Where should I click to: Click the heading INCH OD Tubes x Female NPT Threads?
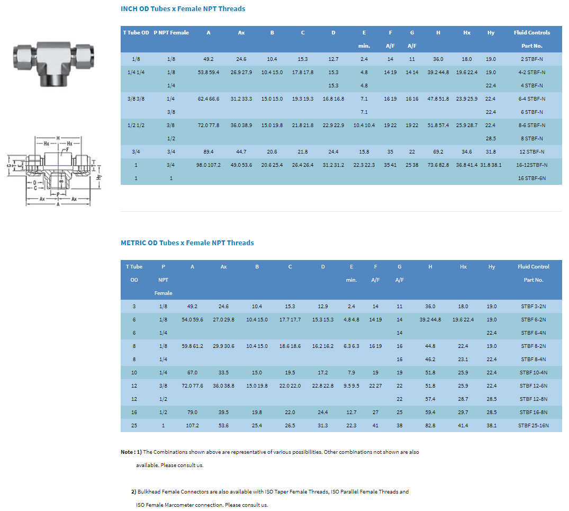click(x=183, y=8)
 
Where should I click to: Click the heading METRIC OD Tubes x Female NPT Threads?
click(x=187, y=243)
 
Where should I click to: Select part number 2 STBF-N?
click(x=531, y=59)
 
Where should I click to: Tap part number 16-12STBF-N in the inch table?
click(x=531, y=165)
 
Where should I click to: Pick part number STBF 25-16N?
click(x=533, y=425)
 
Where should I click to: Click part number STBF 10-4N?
click(x=533, y=372)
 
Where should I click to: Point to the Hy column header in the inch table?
click(x=491, y=33)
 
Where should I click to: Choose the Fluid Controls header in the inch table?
click(x=531, y=33)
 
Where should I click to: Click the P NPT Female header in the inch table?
click(x=171, y=33)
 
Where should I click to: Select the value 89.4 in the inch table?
click(x=209, y=151)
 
